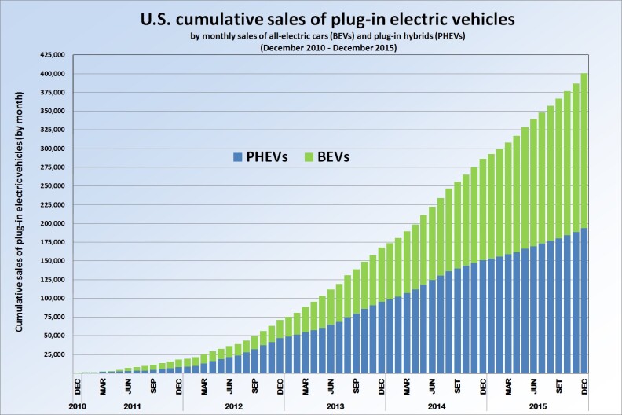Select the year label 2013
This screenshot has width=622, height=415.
tap(335, 406)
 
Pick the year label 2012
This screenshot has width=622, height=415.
tap(233, 406)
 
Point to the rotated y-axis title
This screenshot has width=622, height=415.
tap(20, 210)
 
